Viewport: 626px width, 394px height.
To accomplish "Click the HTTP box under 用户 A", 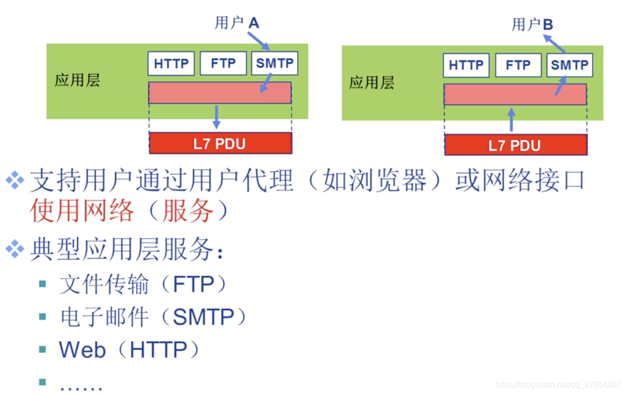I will point(171,63).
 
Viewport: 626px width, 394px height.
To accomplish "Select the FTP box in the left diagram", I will point(223,63).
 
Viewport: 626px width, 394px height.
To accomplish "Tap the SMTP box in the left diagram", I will point(274,63).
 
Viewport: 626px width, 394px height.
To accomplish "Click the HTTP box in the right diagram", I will point(466,65).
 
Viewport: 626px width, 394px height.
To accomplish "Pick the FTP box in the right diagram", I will point(518,65).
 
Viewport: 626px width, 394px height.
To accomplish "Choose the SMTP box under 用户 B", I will point(569,65).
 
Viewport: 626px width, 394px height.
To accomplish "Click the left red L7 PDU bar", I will point(220,143).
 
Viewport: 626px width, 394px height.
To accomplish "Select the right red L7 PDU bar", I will point(515,145).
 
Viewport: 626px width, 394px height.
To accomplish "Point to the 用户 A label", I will point(237,23).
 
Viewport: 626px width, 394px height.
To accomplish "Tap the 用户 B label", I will point(532,24).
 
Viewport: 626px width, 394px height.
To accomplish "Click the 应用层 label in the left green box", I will point(77,80).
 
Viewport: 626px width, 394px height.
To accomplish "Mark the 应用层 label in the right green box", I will point(372,83).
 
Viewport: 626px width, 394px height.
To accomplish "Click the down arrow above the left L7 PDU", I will point(217,117).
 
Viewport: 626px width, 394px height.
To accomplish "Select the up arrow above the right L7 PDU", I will point(511,120).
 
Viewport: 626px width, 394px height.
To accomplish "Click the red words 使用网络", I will point(82,211).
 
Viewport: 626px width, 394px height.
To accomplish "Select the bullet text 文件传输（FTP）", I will point(143,285).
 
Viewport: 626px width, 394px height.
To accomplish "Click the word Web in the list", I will point(82,350).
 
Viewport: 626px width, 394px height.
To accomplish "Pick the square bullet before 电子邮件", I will point(42,317).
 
